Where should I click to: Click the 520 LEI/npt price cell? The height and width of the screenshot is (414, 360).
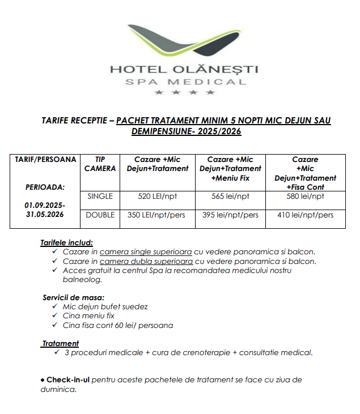pyautogui.click(x=157, y=197)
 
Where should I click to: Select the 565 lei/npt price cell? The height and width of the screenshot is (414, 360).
pyautogui.click(x=230, y=197)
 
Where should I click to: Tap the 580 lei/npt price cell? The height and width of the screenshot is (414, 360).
pyautogui.click(x=305, y=197)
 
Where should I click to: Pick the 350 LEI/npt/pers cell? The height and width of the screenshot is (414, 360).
pyautogui.click(x=157, y=215)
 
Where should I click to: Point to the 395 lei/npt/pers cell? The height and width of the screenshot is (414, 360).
pyautogui.click(x=230, y=215)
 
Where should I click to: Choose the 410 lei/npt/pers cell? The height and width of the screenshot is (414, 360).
pyautogui.click(x=305, y=215)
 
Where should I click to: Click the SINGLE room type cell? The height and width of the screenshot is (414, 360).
pyautogui.click(x=100, y=197)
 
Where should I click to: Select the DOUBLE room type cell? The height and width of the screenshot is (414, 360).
pyautogui.click(x=100, y=215)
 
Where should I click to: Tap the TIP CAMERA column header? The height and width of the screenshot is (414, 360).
pyautogui.click(x=100, y=164)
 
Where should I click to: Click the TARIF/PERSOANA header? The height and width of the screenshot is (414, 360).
pyautogui.click(x=45, y=160)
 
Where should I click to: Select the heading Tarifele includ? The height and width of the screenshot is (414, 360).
pyautogui.click(x=66, y=242)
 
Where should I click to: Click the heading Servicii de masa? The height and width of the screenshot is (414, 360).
pyautogui.click(x=73, y=297)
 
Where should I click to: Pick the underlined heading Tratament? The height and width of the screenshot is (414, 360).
pyautogui.click(x=61, y=343)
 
